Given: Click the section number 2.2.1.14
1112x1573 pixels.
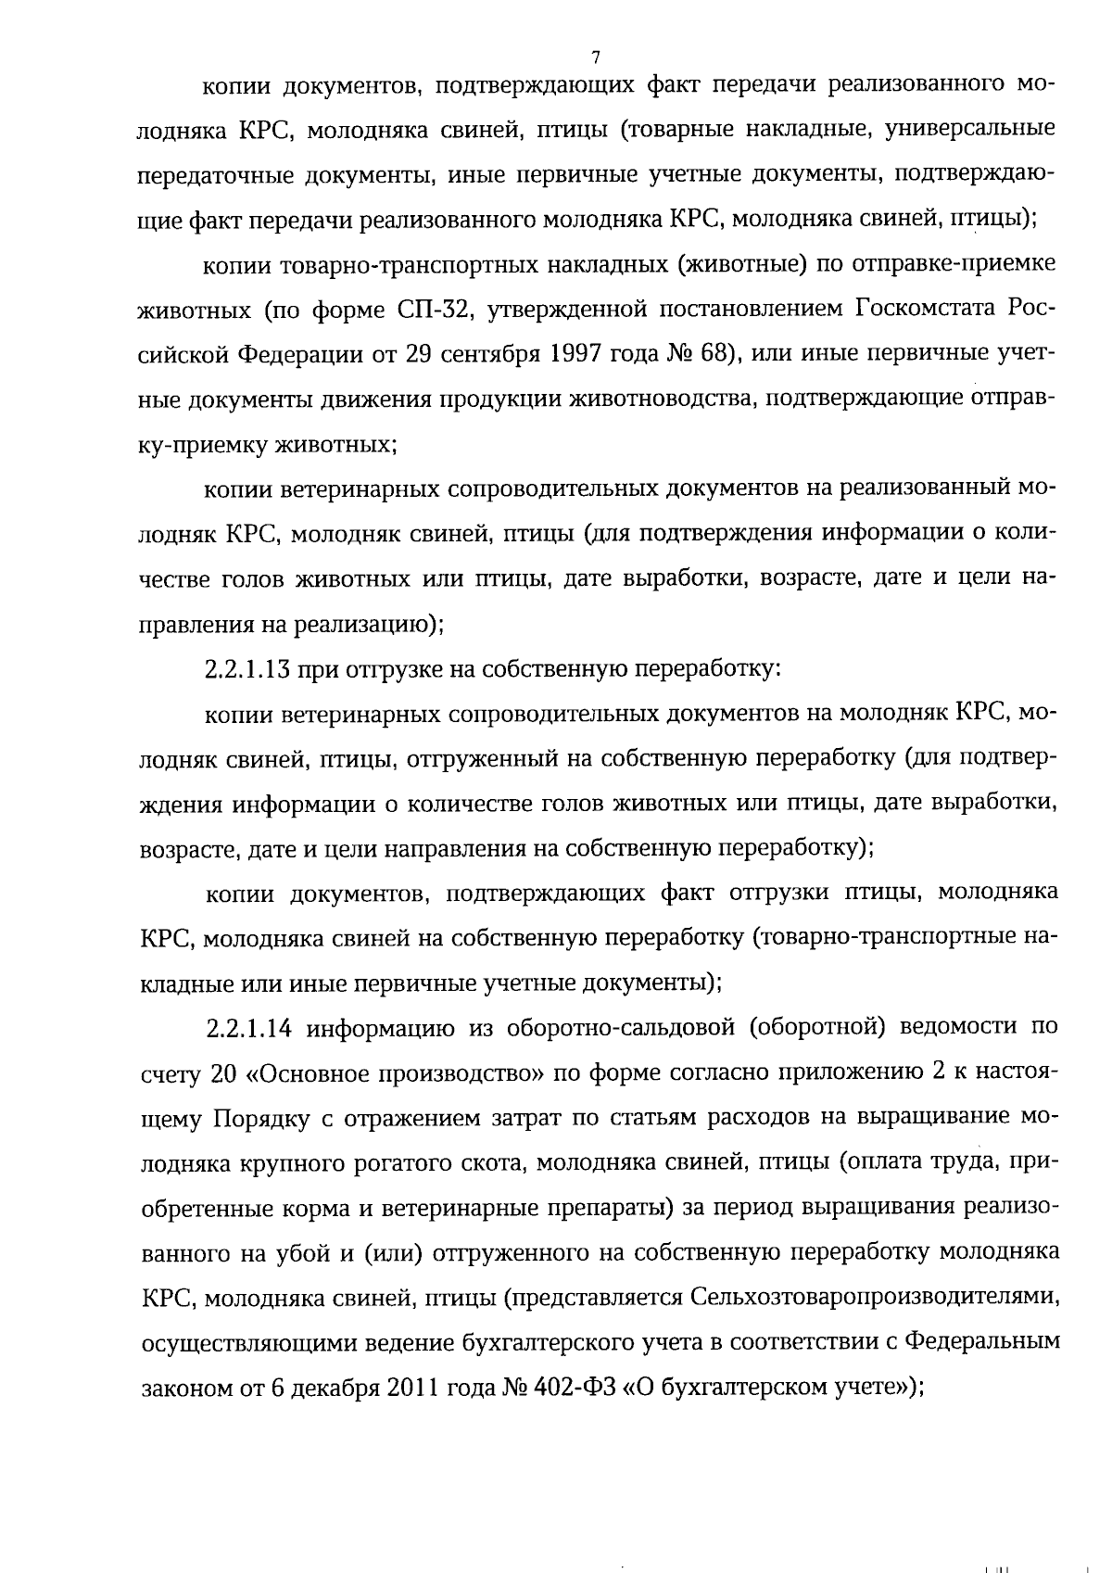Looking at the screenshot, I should pyautogui.click(x=246, y=1029).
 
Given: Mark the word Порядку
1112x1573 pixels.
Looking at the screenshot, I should pyautogui.click(x=262, y=1119).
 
